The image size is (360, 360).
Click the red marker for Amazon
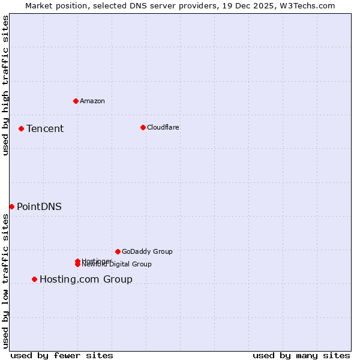coord(76,101)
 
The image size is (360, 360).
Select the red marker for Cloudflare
coord(143,127)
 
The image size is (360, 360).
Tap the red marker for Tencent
coord(21,128)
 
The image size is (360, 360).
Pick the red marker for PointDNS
coord(11,206)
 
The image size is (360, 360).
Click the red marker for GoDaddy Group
coord(118,251)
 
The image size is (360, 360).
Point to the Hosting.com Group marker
coord(34,279)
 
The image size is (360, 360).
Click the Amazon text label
coord(92,101)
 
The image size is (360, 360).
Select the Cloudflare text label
coord(163,127)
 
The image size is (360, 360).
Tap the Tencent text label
coord(45,128)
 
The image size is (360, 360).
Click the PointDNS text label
coord(39,206)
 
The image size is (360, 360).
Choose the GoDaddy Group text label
coord(147,251)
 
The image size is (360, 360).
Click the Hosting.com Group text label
coord(86,279)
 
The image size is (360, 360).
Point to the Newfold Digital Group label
coord(118,265)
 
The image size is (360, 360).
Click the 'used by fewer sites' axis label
coord(62,355)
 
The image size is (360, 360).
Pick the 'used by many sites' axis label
coord(301,355)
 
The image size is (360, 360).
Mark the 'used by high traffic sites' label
coord(5,85)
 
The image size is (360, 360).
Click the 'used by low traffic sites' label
coord(5,281)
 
